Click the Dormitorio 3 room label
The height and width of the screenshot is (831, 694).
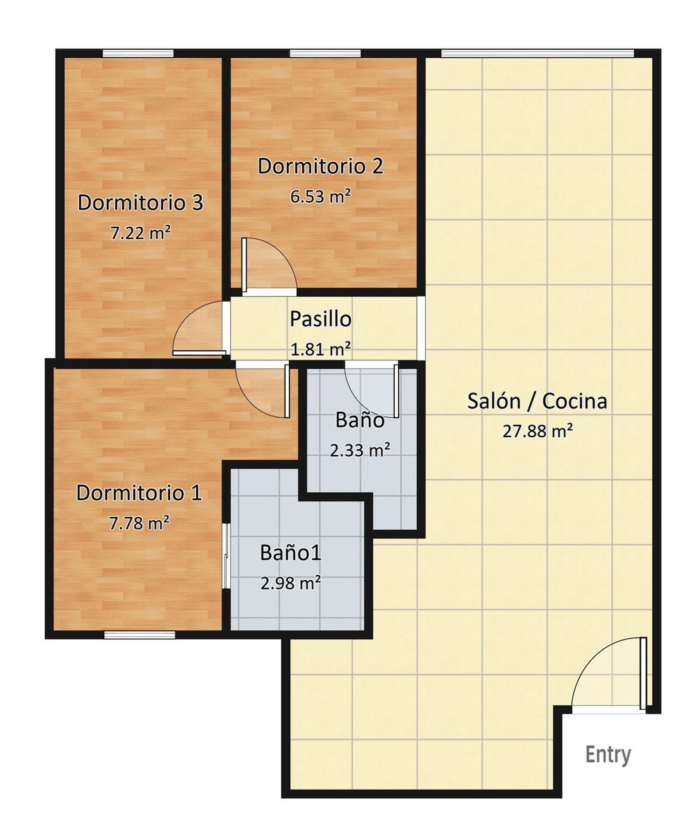click(x=140, y=203)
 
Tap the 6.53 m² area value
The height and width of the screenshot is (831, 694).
click(x=321, y=196)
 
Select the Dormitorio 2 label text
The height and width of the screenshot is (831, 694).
click(x=321, y=166)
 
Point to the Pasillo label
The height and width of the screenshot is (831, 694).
click(x=321, y=319)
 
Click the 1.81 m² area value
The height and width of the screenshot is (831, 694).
click(x=321, y=348)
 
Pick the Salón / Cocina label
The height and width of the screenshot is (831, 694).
click(x=537, y=401)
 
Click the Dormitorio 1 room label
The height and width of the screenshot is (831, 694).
click(x=139, y=493)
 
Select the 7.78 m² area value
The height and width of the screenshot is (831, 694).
click(x=139, y=523)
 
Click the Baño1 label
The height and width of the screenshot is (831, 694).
click(x=291, y=552)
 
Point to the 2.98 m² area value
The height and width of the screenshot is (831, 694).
click(x=291, y=583)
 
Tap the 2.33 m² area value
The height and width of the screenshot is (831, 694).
click(x=360, y=450)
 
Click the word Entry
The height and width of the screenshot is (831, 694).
click(x=608, y=755)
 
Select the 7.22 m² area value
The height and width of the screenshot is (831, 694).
click(x=141, y=233)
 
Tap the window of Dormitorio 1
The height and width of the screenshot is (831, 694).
click(x=140, y=635)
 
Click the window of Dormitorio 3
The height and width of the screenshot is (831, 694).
click(x=138, y=53)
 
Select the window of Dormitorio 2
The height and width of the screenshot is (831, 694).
click(x=325, y=53)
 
